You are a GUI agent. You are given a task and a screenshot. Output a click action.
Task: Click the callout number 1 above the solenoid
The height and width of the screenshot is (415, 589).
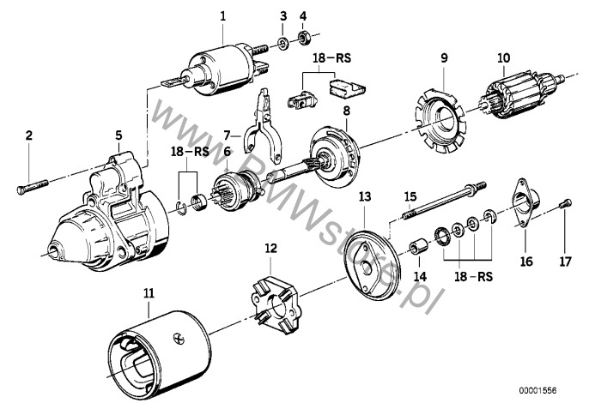pyautogui.click(x=223, y=16)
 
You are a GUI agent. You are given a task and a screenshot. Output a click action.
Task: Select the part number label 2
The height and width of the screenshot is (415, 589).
pyautogui.click(x=28, y=135)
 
